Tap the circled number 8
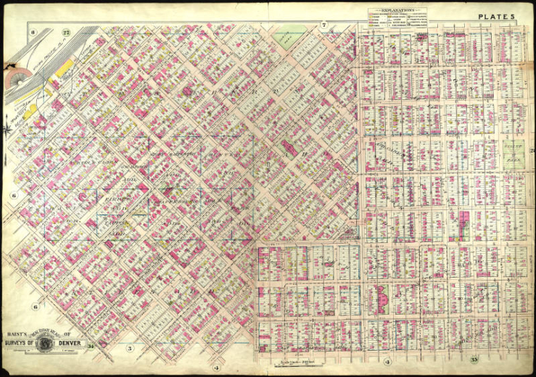(33, 33)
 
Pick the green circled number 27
(65, 32)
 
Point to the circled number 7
(325, 26)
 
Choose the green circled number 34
(91, 347)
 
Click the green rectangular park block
(514, 155)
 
